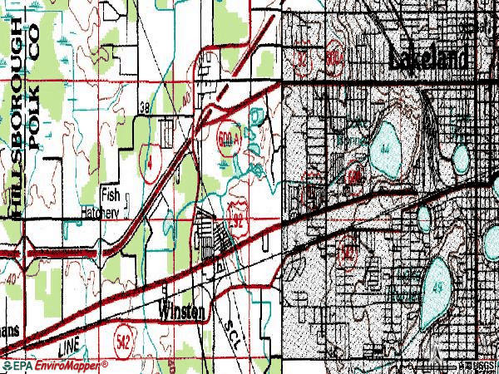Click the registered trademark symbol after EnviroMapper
click(106, 362)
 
